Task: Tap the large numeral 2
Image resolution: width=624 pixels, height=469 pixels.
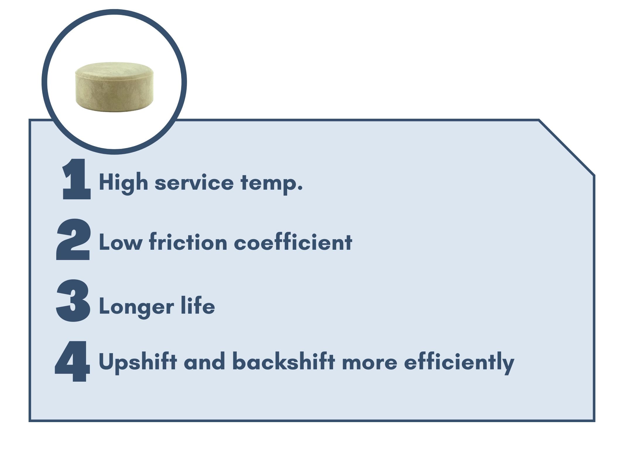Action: coord(73,239)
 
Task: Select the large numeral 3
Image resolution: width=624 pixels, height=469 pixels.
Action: coord(73,300)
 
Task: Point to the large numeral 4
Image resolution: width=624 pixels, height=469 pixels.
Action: coord(73,361)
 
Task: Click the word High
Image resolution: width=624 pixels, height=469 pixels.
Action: coord(124,183)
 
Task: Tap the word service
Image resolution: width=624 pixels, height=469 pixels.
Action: coord(194,183)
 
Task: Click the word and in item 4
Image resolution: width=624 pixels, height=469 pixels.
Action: coord(205,362)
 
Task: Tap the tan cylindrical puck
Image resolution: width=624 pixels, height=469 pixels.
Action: coord(114,87)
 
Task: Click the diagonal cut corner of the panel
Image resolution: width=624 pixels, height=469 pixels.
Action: coord(567,148)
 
